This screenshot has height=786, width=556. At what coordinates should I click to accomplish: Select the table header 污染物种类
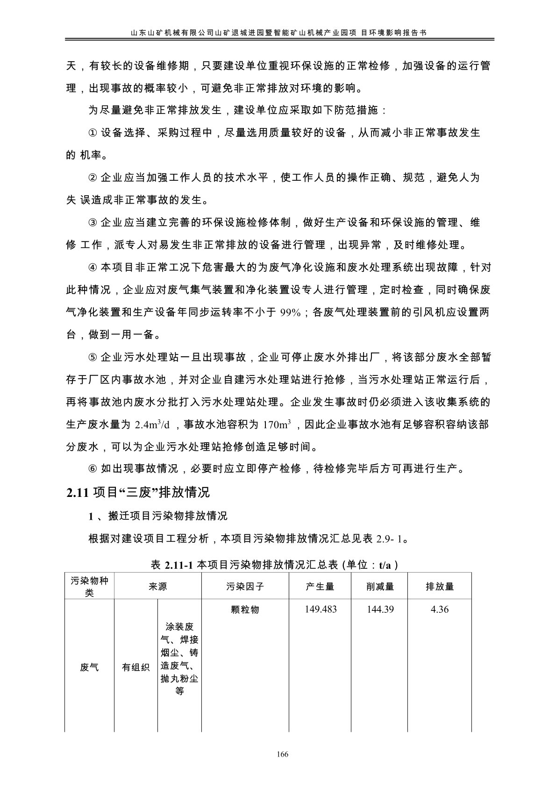pyautogui.click(x=89, y=587)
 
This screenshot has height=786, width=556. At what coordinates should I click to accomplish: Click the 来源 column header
pyautogui.click(x=158, y=587)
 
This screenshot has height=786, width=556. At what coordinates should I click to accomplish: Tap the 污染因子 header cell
pyautogui.click(x=245, y=587)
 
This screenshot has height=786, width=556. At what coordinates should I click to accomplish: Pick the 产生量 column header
pyautogui.click(x=320, y=587)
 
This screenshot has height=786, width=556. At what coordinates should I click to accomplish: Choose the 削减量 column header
pyautogui.click(x=380, y=587)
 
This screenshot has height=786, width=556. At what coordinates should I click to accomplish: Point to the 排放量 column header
pyautogui.click(x=440, y=587)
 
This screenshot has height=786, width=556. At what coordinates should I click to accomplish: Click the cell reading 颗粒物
pyautogui.click(x=245, y=609)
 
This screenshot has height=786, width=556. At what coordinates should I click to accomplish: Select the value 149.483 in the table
pyautogui.click(x=321, y=609)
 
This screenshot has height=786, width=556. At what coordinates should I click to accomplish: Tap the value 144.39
pyautogui.click(x=380, y=609)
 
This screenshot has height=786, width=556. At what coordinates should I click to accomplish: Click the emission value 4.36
pyautogui.click(x=440, y=609)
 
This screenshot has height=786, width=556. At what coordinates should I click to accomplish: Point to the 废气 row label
pyautogui.click(x=89, y=667)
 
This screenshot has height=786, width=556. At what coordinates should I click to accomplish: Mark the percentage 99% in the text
pyautogui.click(x=290, y=313)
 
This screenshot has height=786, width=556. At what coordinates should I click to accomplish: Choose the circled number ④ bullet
pyautogui.click(x=93, y=268)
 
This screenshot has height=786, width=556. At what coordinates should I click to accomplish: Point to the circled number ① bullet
pyautogui.click(x=93, y=133)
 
